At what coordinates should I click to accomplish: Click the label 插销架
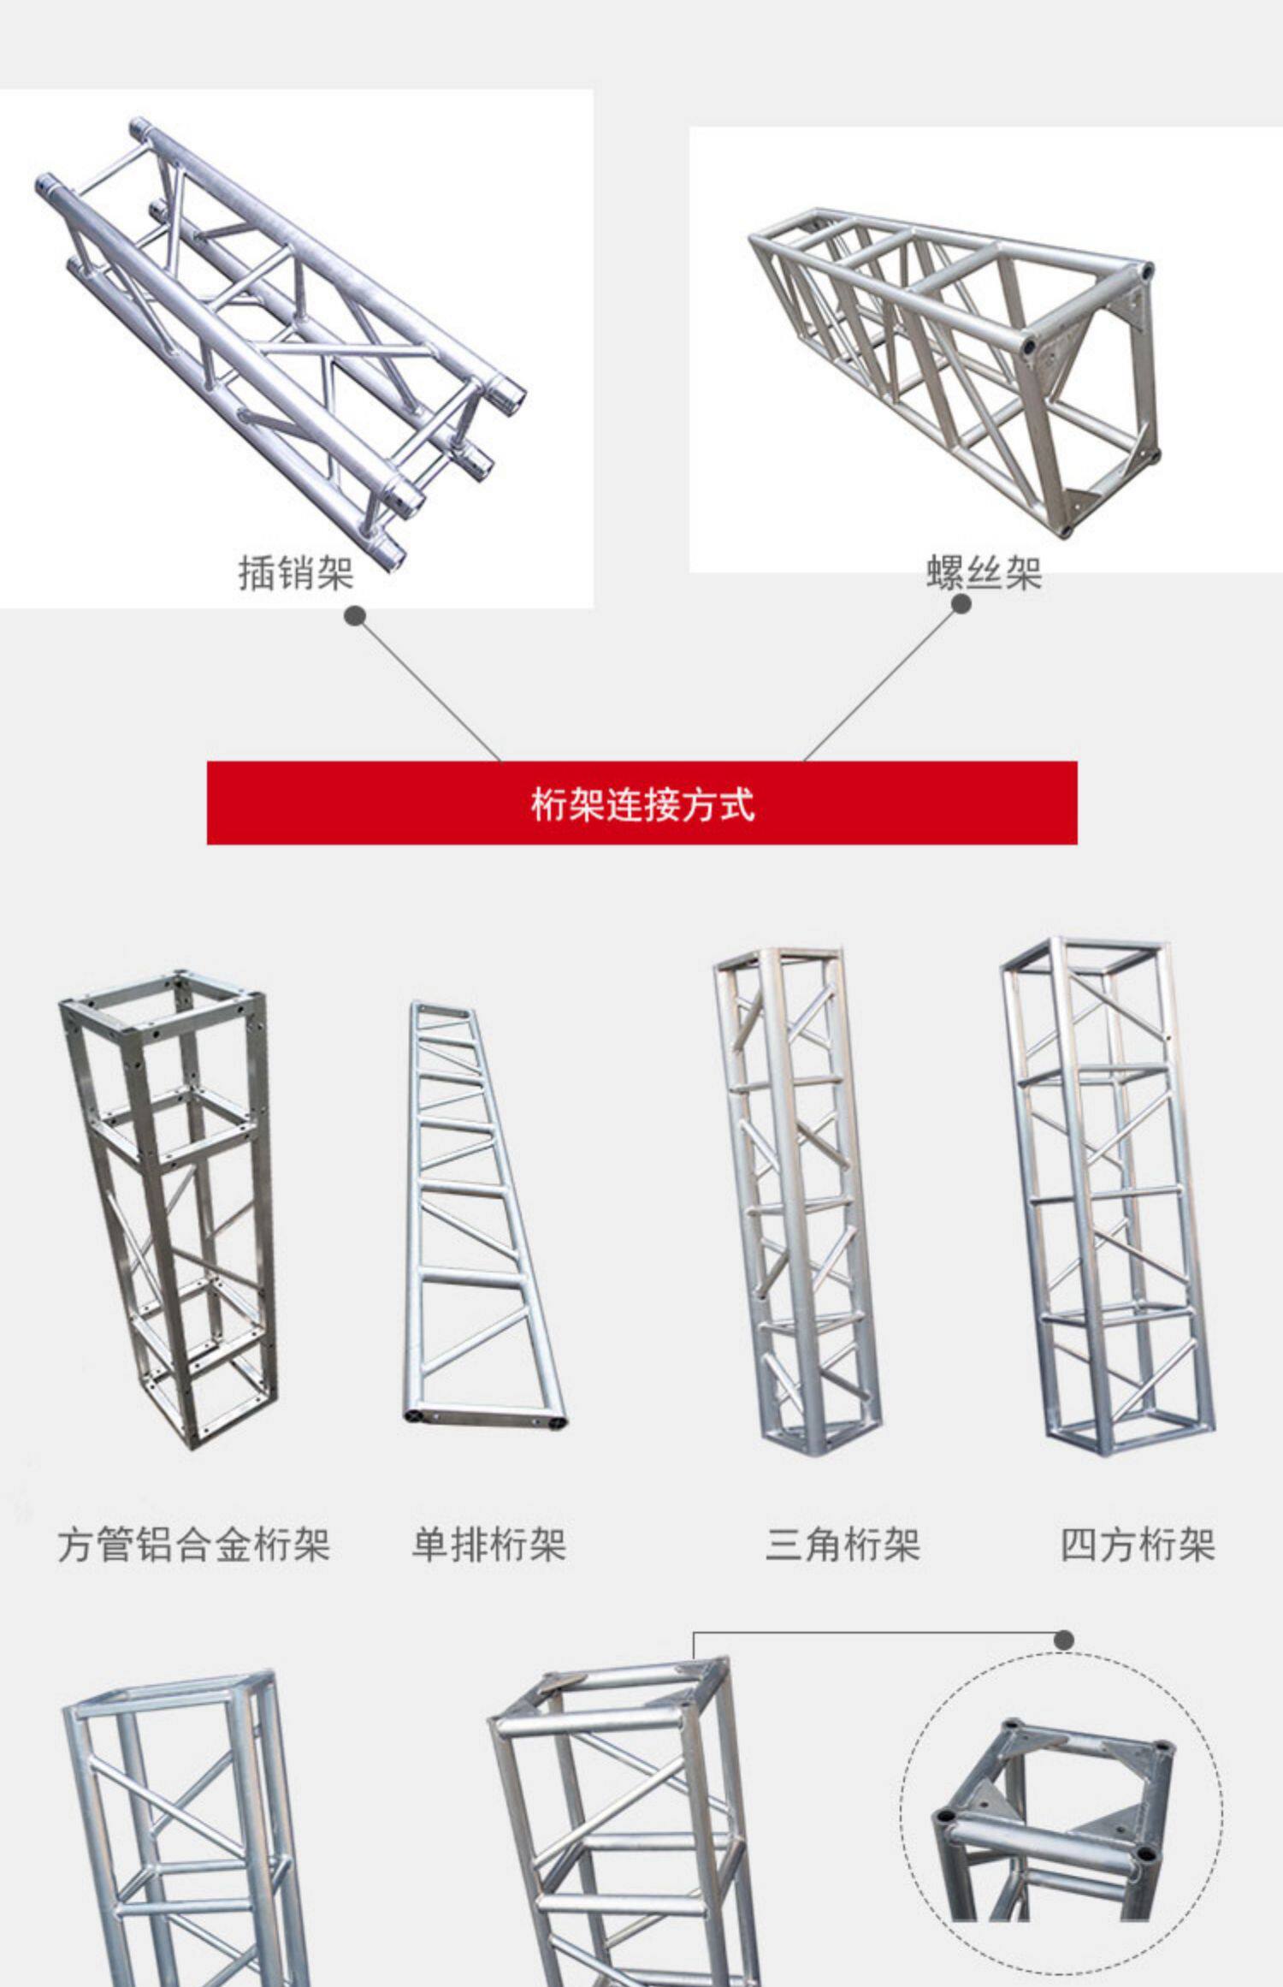tap(296, 573)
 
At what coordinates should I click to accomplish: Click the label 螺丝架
tap(984, 573)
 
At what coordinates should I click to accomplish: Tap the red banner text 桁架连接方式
tap(642, 804)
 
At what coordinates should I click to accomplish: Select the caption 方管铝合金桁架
tap(194, 1545)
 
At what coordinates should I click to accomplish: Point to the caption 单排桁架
tap(488, 1545)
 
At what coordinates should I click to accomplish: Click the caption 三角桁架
tap(843, 1545)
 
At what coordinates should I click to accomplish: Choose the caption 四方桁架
tap(1138, 1545)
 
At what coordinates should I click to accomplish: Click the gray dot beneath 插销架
tap(355, 616)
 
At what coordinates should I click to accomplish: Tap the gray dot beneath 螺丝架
tap(961, 604)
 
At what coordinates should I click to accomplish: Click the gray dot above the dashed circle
tap(1064, 1640)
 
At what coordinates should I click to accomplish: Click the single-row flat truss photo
tap(483, 1215)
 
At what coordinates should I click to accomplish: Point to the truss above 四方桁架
tap(1108, 1198)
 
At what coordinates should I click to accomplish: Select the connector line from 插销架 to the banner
tap(428, 689)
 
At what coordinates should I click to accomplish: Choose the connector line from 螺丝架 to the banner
tap(881, 683)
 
